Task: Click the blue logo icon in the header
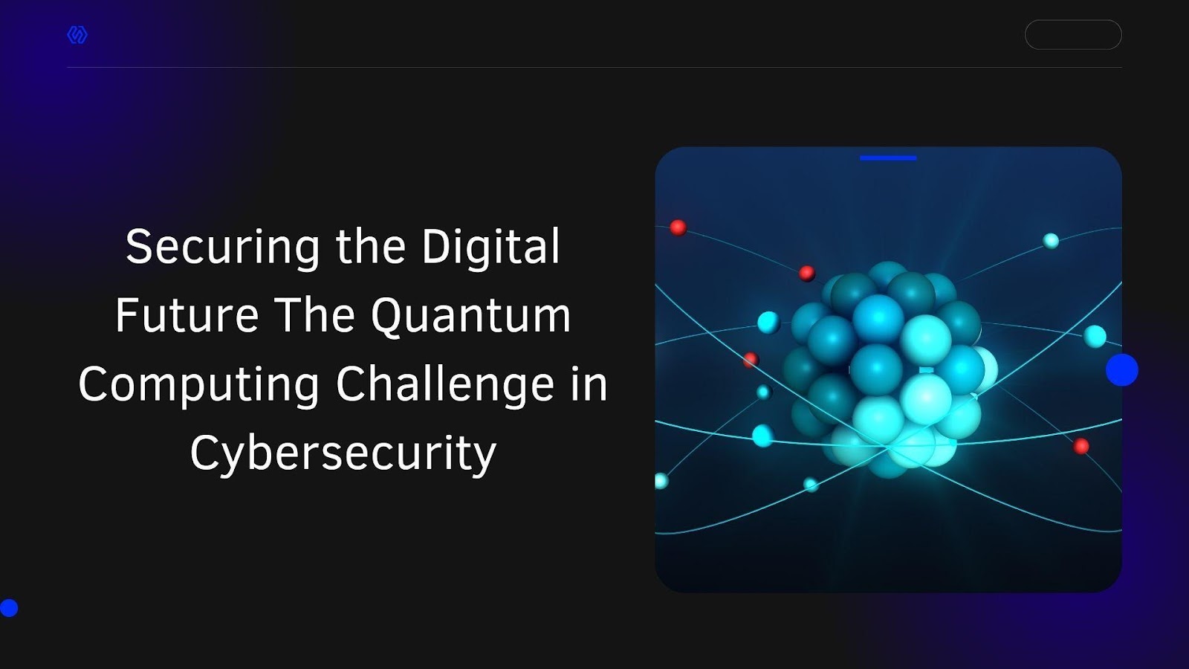tap(77, 35)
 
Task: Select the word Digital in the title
tap(491, 246)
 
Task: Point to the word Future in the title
tap(187, 315)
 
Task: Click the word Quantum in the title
tap(471, 317)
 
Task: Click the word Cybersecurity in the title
tap(343, 453)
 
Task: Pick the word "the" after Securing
tap(371, 246)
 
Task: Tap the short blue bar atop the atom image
tap(888, 158)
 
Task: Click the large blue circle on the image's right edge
tap(1122, 369)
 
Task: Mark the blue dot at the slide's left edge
tap(8, 608)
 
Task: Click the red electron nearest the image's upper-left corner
tap(678, 227)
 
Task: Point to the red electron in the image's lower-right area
tap(1081, 446)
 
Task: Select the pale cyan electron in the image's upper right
tap(1051, 241)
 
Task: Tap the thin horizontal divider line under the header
tap(594, 68)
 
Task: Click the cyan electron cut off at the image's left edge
tap(661, 481)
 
